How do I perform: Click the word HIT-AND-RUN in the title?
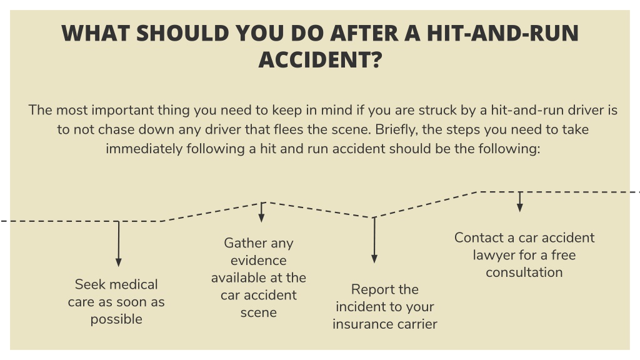click(x=502, y=33)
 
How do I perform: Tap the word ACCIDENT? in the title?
click(x=321, y=59)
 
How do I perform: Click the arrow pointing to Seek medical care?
click(x=118, y=244)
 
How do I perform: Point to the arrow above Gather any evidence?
click(x=262, y=212)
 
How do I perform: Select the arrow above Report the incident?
click(x=374, y=240)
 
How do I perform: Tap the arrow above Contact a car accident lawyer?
click(x=519, y=202)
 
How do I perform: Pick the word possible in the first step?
click(x=116, y=319)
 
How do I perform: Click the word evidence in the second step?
click(x=258, y=261)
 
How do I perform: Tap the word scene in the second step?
click(x=258, y=312)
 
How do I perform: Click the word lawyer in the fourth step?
click(x=492, y=255)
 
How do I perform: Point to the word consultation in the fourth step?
click(x=524, y=272)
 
